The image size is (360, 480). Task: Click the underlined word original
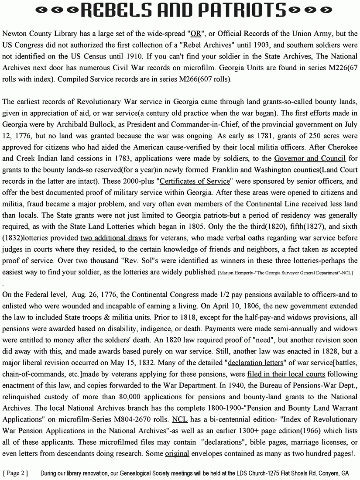(177, 454)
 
